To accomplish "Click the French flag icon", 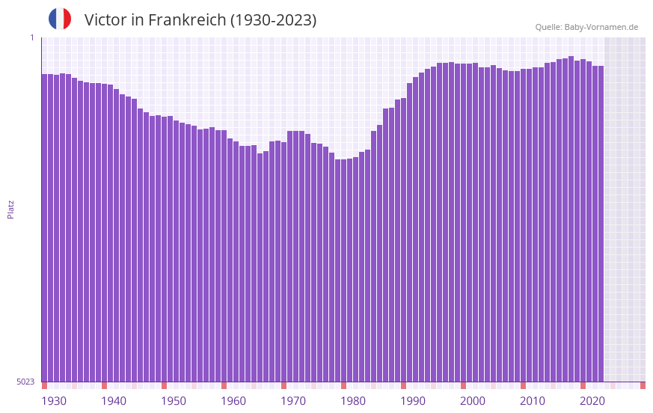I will [x=60, y=19].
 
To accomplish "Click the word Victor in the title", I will [x=105, y=20].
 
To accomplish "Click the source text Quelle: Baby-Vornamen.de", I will [x=586, y=27].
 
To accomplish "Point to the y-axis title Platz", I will [x=10, y=209].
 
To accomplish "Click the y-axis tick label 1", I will [x=31, y=37].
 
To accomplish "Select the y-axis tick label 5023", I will [x=25, y=382].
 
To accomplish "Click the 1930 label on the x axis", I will [x=54, y=401].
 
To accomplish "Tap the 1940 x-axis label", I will [x=114, y=401].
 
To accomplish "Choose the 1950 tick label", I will [x=174, y=401].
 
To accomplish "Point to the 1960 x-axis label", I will [x=233, y=401].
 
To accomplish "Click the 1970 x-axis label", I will [x=293, y=401].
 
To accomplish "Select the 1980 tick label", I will [x=353, y=401].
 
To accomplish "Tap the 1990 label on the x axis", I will [x=413, y=401].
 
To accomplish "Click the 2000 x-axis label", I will [x=473, y=401].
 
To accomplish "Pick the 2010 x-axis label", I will [x=533, y=401].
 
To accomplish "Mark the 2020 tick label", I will [x=592, y=401].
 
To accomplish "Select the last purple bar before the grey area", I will [x=601, y=224].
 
